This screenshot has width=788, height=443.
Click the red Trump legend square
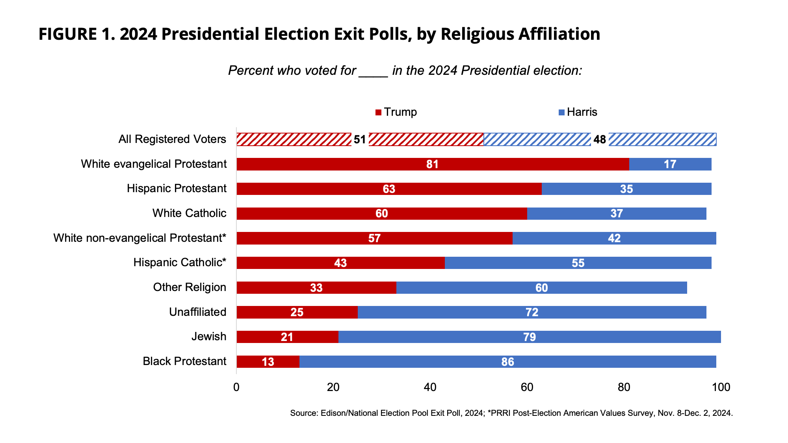[x=378, y=113]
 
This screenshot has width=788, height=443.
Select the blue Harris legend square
[x=562, y=113]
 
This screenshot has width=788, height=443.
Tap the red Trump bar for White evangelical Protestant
[x=355, y=164]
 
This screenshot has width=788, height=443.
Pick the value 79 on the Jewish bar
[x=530, y=337]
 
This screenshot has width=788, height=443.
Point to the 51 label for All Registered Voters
[x=360, y=140]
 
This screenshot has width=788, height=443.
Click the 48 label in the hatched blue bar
[x=600, y=140]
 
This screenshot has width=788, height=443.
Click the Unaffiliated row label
[x=197, y=312]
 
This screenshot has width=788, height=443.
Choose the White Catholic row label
[x=189, y=213]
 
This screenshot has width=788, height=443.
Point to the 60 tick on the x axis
[x=527, y=387]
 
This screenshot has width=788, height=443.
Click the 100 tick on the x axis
[x=721, y=387]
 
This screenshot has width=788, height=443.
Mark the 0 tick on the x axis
[x=236, y=387]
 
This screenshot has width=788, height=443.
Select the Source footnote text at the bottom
[x=511, y=413]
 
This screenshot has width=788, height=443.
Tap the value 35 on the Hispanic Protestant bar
[x=626, y=189]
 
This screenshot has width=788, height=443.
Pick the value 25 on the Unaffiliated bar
[x=297, y=312]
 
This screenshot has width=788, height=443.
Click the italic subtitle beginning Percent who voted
[x=405, y=70]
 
